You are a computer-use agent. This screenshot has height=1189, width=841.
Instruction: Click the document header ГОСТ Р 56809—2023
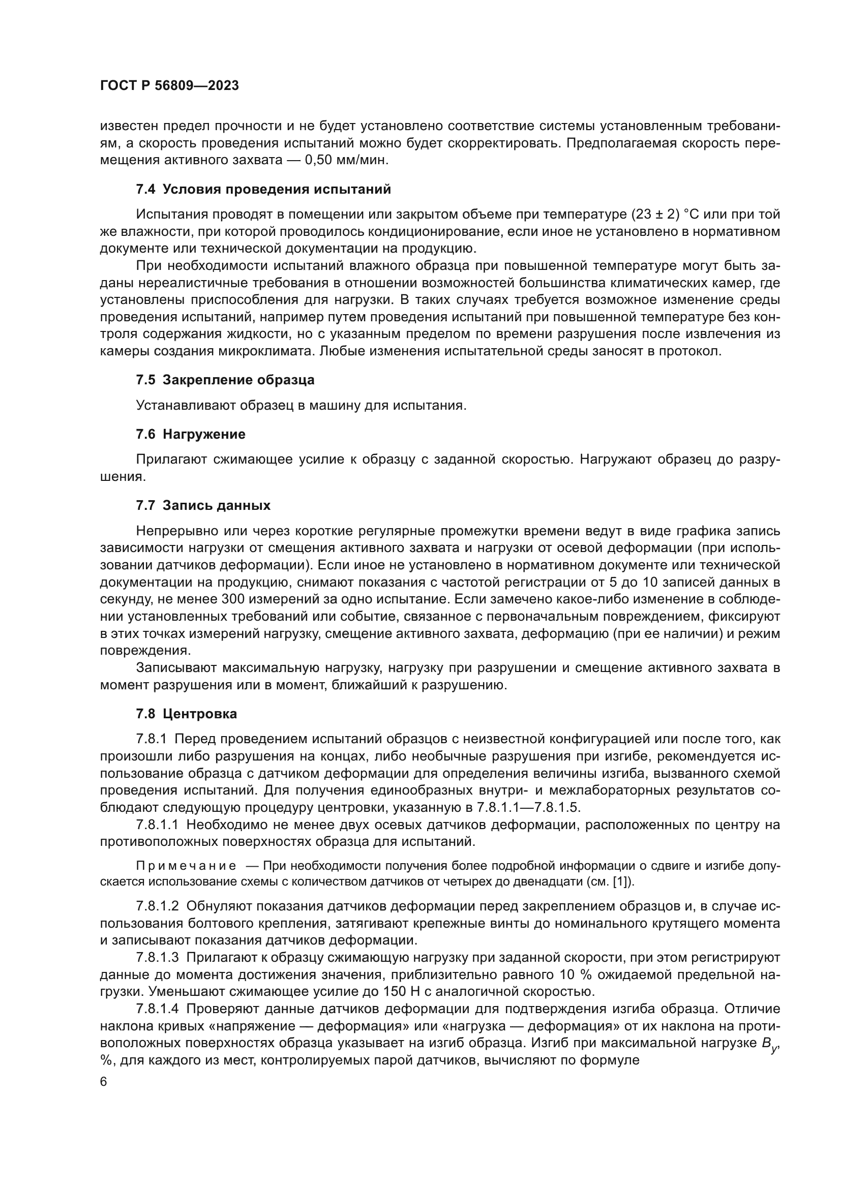coord(169,86)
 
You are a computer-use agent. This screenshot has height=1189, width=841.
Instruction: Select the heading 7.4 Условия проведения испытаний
coord(263,190)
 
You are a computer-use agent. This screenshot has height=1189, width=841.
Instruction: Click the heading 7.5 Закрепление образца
coord(225,380)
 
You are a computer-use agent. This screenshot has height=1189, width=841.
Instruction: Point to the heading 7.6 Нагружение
coord(191,435)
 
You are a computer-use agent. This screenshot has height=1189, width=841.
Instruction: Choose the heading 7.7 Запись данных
coord(203,505)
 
